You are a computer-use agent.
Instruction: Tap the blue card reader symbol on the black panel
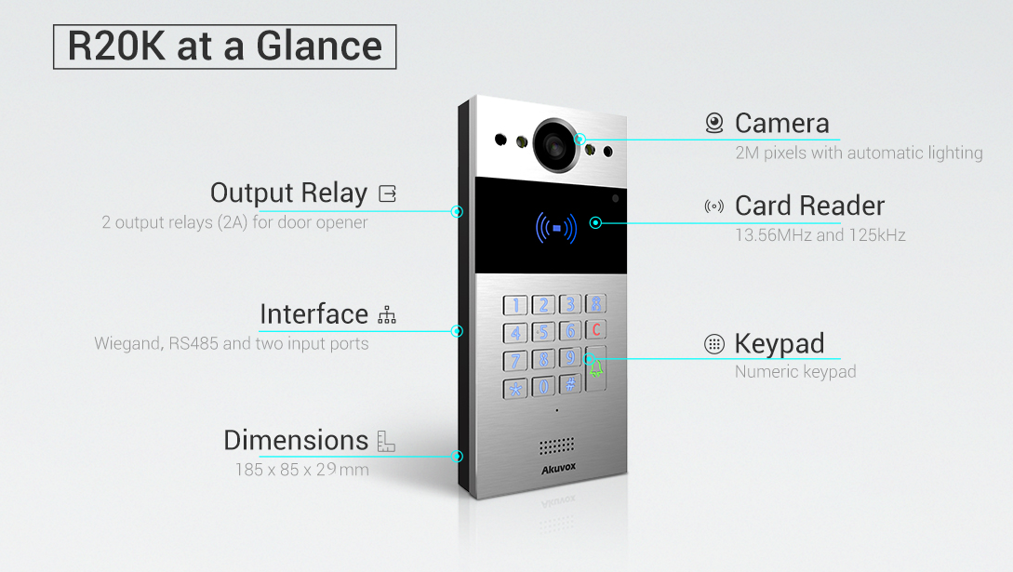[556, 227]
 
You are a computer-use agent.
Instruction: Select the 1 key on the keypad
[515, 304]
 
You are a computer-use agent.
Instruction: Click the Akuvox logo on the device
[556, 470]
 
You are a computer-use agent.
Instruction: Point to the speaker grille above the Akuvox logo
[556, 446]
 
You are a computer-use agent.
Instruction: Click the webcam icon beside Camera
[714, 123]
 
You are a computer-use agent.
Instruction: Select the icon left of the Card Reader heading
[714, 206]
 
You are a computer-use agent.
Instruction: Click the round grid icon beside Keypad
[714, 344]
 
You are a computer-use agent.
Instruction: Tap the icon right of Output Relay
[387, 193]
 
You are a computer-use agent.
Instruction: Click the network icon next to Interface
[387, 315]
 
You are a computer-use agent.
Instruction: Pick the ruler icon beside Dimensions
[386, 441]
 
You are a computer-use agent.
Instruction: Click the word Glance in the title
[325, 47]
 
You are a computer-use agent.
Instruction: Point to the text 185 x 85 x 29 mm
[301, 470]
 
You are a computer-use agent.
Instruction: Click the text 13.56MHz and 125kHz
[820, 235]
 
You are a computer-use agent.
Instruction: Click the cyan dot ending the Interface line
[457, 330]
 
